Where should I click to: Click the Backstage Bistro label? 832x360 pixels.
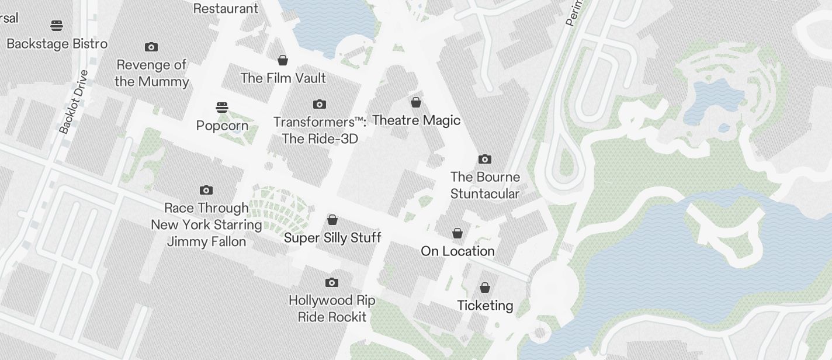click(x=57, y=44)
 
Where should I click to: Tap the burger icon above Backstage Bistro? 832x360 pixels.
click(x=57, y=25)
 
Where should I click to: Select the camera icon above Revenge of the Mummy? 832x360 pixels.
click(x=151, y=47)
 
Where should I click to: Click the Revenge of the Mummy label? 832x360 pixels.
click(x=151, y=73)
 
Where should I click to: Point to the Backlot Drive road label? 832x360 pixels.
click(x=74, y=102)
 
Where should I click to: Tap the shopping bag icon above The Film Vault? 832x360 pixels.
click(x=283, y=60)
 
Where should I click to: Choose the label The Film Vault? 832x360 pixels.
click(x=283, y=78)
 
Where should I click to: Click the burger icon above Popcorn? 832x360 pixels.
click(x=222, y=108)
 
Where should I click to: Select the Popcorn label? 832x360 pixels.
click(x=222, y=126)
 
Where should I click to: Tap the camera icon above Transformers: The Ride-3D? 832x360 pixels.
click(x=320, y=104)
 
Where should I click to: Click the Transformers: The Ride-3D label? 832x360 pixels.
click(x=320, y=130)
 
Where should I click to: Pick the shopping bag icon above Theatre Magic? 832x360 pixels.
click(x=416, y=102)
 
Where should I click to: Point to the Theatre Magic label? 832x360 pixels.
click(x=416, y=120)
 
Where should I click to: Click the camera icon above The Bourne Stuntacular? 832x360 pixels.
click(x=485, y=159)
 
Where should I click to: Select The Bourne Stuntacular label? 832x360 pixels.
click(x=485, y=185)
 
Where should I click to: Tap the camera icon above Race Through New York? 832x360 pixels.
click(x=206, y=190)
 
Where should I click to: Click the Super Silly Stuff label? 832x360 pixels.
click(x=332, y=238)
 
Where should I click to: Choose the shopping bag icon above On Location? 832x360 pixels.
click(x=457, y=233)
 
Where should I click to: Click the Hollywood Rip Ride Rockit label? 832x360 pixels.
click(x=332, y=309)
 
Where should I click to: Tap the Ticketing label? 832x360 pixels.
click(x=485, y=306)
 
